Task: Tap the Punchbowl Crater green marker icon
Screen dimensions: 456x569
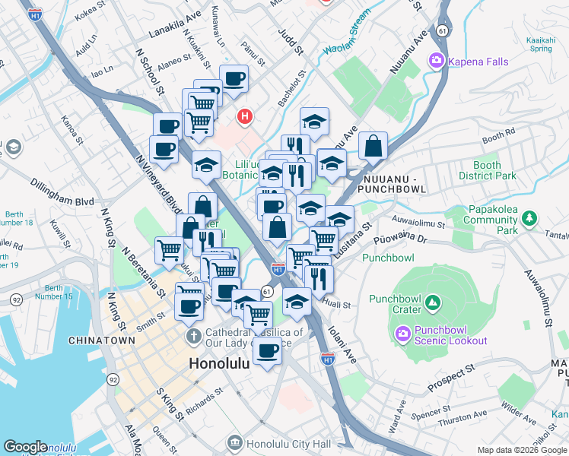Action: pyautogui.click(x=433, y=304)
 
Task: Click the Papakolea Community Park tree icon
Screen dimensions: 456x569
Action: pyautogui.click(x=529, y=220)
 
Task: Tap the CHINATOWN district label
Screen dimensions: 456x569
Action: pyautogui.click(x=97, y=341)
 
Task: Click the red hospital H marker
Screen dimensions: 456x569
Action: pyautogui.click(x=244, y=117)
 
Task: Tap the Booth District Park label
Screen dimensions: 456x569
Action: pyautogui.click(x=487, y=170)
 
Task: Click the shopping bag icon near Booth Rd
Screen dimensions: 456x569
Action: pyautogui.click(x=373, y=146)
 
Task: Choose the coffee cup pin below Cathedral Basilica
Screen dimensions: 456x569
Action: pyautogui.click(x=267, y=350)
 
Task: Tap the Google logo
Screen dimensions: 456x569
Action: pyautogui.click(x=25, y=447)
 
